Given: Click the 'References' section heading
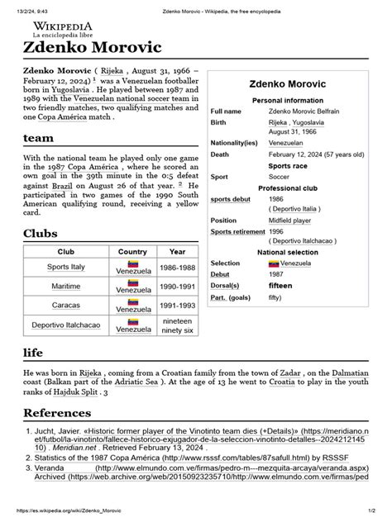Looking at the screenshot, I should pyautogui.click(x=57, y=412).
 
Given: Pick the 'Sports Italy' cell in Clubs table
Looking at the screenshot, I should pyautogui.click(x=65, y=268).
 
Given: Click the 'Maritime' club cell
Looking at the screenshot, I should pyautogui.click(x=65, y=286).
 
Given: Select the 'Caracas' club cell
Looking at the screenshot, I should pyautogui.click(x=65, y=305).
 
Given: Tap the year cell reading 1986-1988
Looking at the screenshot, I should pyautogui.click(x=177, y=268).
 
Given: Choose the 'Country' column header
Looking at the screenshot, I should pyautogui.click(x=132, y=251).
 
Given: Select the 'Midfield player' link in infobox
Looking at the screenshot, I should pyautogui.click(x=292, y=221).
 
